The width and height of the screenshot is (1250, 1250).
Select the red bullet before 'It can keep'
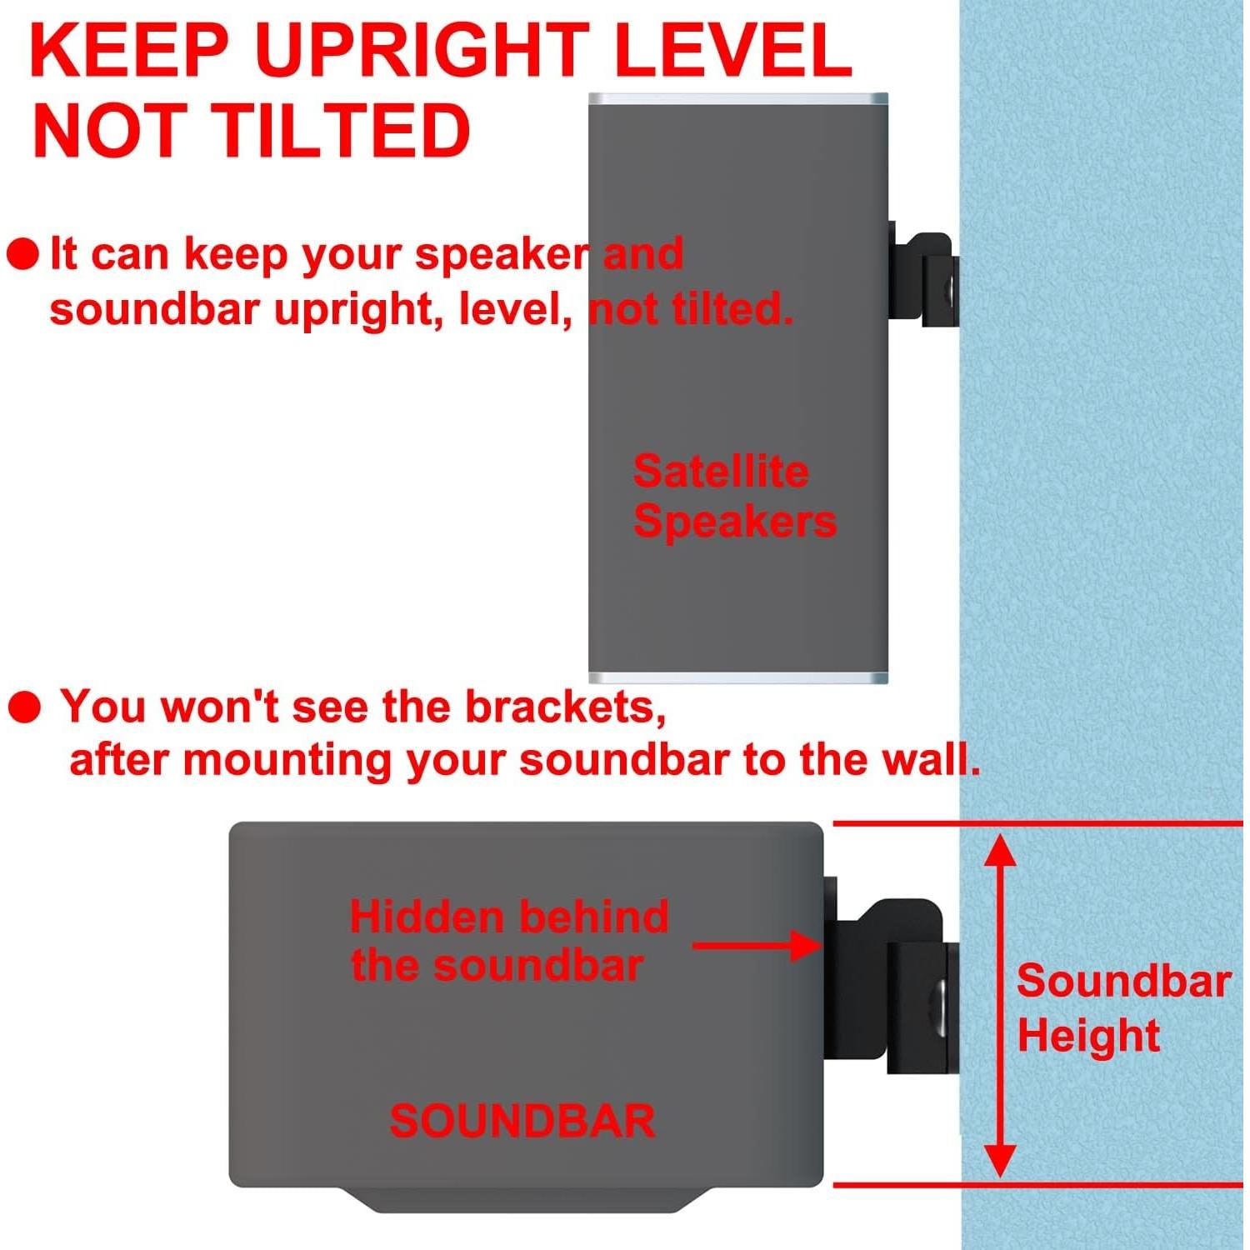point(22,254)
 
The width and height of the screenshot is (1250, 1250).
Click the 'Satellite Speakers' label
point(733,497)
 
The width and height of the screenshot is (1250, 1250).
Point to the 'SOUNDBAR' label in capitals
point(522,1121)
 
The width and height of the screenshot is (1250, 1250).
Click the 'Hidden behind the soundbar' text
point(508,941)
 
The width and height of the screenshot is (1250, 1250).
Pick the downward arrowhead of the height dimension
point(1000,1160)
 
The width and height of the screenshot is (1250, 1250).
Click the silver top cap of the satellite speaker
point(738,99)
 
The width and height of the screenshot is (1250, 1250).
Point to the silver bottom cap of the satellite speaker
point(738,677)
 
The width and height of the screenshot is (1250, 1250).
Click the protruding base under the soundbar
point(525,1200)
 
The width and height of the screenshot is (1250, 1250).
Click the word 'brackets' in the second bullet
point(565,707)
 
